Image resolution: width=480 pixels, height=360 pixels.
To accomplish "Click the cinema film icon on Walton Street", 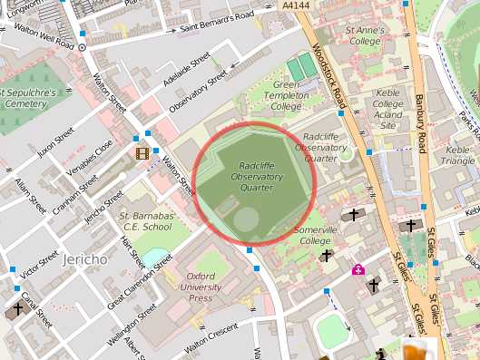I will click(x=142, y=152).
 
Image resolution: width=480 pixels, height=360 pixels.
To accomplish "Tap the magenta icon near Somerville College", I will click(x=358, y=269).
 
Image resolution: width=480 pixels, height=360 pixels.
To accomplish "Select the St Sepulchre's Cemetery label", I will click(x=30, y=98).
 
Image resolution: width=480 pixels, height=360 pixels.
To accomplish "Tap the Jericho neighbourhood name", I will click(x=85, y=259).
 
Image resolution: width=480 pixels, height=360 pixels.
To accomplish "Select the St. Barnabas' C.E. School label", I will click(x=147, y=221).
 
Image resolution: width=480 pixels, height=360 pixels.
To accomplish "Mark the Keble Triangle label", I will click(x=459, y=155).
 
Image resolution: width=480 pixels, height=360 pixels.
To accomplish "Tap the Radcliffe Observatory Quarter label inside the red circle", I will click(x=264, y=177).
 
